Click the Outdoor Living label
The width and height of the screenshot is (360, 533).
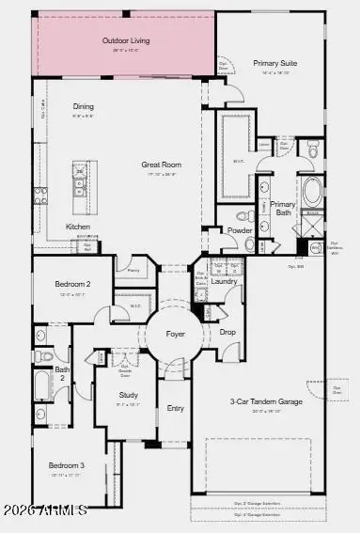[x=126, y=41]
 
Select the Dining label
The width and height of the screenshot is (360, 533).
[x=84, y=106]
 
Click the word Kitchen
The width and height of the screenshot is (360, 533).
[x=77, y=227]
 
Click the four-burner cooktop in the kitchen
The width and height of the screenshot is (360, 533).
[x=39, y=196]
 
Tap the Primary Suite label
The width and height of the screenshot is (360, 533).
[x=274, y=64]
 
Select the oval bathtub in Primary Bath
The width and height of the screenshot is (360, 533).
[x=312, y=195]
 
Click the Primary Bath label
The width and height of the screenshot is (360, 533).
[x=283, y=209]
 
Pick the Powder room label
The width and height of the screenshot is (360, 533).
[x=238, y=229]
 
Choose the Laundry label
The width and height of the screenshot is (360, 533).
[x=224, y=281]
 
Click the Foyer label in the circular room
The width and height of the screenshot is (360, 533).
[x=175, y=334]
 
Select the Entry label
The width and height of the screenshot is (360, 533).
[x=175, y=408]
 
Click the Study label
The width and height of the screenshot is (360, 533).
[x=129, y=395]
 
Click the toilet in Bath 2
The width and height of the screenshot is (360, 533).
[x=42, y=356]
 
